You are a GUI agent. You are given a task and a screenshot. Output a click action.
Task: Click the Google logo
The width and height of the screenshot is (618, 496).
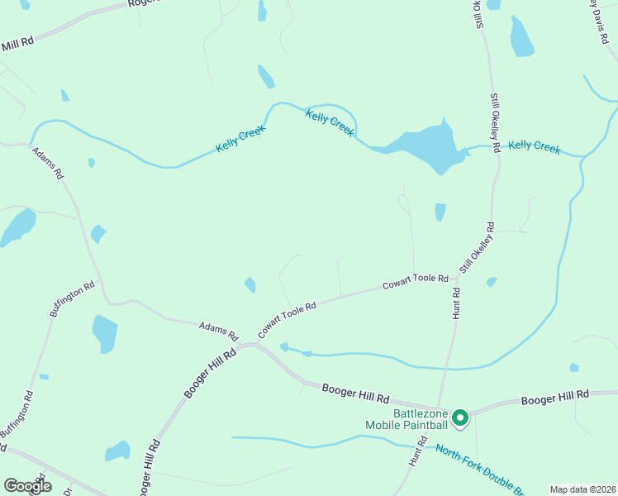point(27,486)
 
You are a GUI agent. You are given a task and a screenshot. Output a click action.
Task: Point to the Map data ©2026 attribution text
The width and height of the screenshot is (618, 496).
point(582,489)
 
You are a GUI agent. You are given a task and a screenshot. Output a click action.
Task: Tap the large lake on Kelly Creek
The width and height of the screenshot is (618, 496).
point(424,147)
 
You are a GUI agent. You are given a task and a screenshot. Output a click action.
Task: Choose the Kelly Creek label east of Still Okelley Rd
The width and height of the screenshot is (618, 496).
point(535,146)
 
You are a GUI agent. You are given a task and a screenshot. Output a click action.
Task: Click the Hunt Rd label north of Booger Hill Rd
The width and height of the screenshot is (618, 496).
point(456,303)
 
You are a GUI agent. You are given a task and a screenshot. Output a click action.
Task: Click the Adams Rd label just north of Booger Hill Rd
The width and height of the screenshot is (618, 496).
point(218,332)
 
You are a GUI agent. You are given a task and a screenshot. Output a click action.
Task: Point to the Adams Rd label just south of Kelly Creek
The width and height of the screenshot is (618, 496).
point(47,165)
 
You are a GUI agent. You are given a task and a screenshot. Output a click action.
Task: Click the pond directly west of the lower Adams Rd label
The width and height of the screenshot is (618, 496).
point(105,332)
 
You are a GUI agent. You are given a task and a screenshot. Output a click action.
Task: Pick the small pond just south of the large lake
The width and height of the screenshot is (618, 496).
point(440,212)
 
